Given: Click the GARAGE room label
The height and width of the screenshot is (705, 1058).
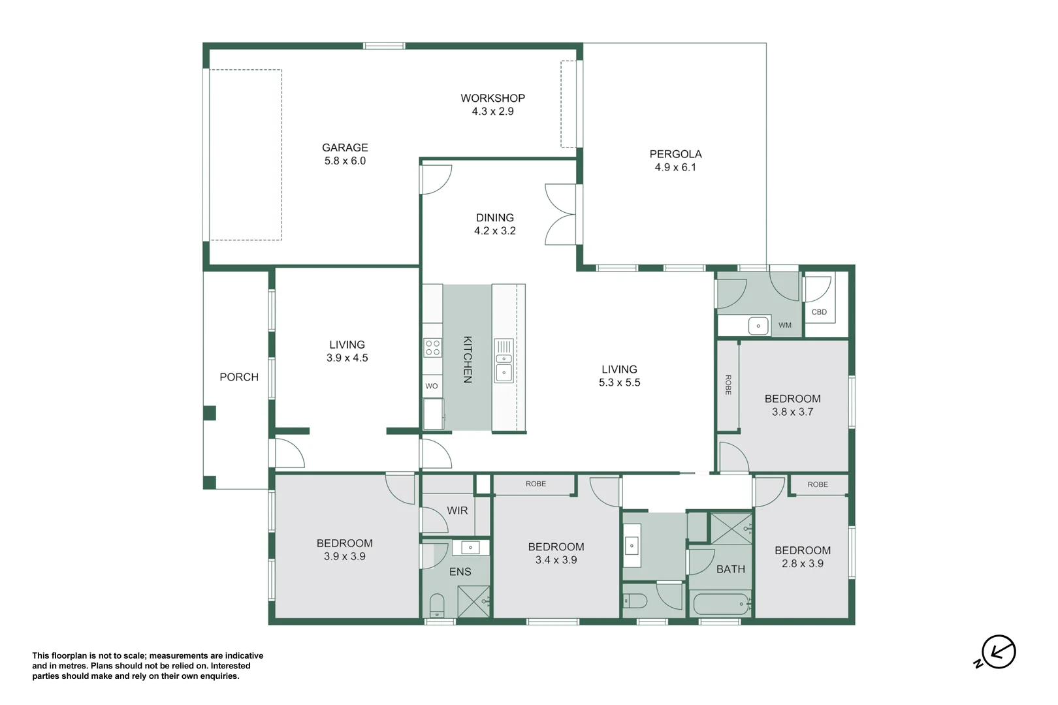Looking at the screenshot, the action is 345,148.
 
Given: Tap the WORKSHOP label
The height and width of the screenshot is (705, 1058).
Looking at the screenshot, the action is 492,98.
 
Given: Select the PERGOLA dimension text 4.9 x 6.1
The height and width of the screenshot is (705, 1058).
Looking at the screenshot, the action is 675,167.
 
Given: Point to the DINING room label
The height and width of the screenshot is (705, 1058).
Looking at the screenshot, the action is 494,217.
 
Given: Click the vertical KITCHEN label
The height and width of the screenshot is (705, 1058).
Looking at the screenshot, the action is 467,359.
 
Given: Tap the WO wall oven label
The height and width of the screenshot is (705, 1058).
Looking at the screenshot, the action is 431,386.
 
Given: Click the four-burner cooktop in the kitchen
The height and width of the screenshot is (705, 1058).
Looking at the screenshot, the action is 432,347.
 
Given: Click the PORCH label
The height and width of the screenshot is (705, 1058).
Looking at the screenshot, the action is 239,377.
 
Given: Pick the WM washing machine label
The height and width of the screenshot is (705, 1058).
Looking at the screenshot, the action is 784,325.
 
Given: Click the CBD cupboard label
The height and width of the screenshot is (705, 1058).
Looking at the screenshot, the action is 819,311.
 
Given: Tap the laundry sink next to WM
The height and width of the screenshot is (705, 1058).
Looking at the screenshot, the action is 758,326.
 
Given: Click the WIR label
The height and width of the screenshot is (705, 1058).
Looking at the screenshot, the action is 457,510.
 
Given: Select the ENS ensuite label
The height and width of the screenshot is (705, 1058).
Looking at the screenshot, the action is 460,572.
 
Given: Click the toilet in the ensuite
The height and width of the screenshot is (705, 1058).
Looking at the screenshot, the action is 437,606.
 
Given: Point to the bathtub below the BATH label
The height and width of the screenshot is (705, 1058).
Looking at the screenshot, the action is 720,604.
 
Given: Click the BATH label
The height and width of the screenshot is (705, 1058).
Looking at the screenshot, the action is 731,569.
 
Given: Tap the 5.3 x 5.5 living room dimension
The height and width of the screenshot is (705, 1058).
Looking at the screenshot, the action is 619,383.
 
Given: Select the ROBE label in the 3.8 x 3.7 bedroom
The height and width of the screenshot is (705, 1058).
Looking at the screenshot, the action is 728,385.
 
